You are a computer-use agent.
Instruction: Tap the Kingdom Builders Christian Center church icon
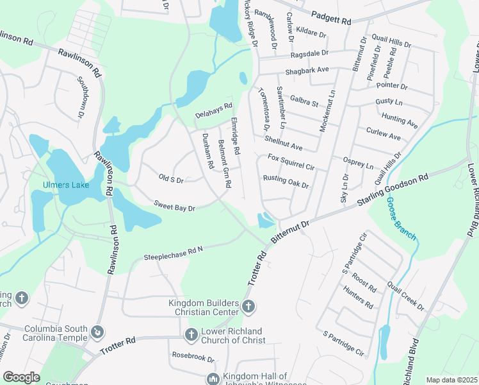pyautogui.click(x=248, y=308)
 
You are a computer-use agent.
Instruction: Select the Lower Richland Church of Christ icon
pyautogui.click(x=190, y=334)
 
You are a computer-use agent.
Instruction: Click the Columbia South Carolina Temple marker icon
pyautogui.click(x=97, y=332)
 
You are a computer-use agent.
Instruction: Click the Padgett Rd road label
pyautogui.click(x=331, y=19)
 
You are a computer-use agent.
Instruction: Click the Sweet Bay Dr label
pyautogui.click(x=174, y=205)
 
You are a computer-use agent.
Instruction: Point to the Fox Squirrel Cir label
pyautogui.click(x=291, y=161)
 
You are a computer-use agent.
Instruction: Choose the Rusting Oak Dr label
pyautogui.click(x=286, y=182)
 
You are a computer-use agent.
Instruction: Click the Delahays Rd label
pyautogui.click(x=214, y=110)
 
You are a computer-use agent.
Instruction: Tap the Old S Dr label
pyautogui.click(x=171, y=179)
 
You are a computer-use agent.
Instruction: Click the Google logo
pyautogui.click(x=21, y=377)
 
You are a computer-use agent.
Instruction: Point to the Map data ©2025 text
pyautogui.click(x=451, y=380)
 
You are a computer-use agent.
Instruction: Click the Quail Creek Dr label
pyautogui.click(x=405, y=296)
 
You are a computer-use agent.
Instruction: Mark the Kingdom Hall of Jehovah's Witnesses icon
pyautogui.click(x=212, y=379)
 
